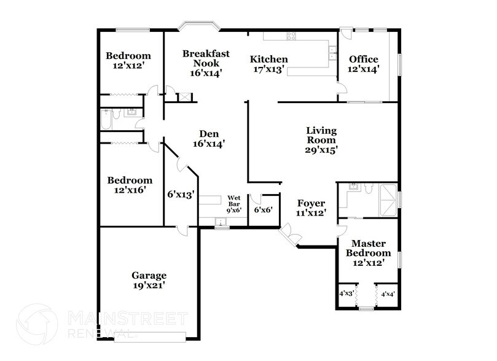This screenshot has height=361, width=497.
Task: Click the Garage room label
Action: click(149, 276)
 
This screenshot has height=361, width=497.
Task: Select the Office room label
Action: click(364, 59)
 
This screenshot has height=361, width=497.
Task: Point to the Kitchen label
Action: click(268, 60)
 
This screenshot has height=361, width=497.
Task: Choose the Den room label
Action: click(209, 134)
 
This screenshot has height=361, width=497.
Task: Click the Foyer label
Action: click(311, 203)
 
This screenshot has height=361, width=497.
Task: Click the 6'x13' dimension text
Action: click(181, 195)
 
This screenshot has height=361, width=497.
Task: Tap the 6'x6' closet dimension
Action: click(262, 209)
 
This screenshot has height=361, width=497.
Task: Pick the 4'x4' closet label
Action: click(387, 294)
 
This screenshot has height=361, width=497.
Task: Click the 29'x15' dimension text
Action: click(322, 149)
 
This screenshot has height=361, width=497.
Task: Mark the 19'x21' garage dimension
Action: click(149, 285)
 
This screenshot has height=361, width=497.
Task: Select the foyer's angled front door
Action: click(288, 235)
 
